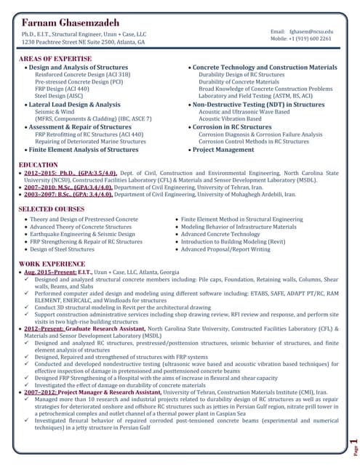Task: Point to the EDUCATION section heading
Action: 39,165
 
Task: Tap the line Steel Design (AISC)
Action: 61,95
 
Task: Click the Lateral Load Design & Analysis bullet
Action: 75,104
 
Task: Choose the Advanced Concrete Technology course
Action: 220,235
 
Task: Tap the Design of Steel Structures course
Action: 65,249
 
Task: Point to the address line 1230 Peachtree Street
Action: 84,42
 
